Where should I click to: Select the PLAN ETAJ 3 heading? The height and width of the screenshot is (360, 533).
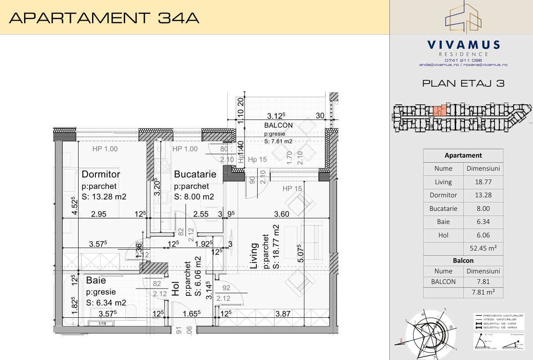point(463,83)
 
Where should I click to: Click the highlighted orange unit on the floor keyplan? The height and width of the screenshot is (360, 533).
point(440,111)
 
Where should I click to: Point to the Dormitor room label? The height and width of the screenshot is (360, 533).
point(101,174)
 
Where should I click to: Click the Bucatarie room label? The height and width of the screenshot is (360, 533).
point(195,174)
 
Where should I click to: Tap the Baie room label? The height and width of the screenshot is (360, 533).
point(96,280)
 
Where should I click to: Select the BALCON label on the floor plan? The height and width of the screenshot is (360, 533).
point(278,125)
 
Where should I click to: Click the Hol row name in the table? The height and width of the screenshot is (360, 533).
point(443,235)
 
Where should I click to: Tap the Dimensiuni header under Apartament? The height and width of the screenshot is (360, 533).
point(483,169)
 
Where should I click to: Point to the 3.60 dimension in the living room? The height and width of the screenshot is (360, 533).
point(282,214)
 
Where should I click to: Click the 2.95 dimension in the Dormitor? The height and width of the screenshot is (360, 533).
point(99,214)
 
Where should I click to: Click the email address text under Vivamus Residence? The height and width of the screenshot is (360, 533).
point(463,65)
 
